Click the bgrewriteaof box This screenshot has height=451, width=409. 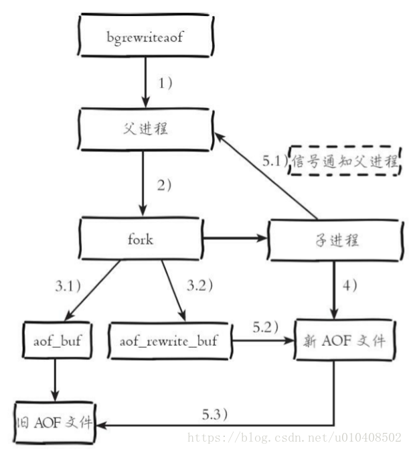[146, 35]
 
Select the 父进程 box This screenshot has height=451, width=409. [146, 129]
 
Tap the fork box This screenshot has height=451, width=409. [141, 239]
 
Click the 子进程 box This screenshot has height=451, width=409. [335, 240]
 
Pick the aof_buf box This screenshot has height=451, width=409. [57, 340]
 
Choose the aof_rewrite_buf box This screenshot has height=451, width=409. [169, 341]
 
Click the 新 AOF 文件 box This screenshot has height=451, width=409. [344, 340]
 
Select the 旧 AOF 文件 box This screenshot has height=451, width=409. [55, 423]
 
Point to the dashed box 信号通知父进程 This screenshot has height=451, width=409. [345, 160]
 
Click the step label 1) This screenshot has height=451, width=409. [165, 83]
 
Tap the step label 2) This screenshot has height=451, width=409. [164, 185]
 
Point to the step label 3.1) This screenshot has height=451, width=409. [68, 286]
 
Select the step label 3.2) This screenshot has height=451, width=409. [200, 285]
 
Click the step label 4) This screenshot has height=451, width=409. [350, 285]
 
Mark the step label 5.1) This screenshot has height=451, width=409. [275, 160]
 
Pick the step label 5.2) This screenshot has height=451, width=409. [265, 327]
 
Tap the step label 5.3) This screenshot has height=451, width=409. [215, 414]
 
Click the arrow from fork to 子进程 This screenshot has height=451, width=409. [236, 238]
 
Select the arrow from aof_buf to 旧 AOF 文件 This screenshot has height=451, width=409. [55, 380]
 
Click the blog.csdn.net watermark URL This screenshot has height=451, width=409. [294, 438]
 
